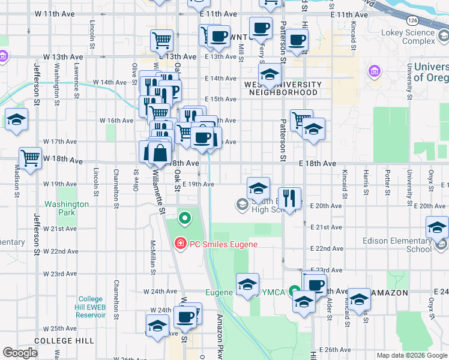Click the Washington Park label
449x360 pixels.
click(67, 208)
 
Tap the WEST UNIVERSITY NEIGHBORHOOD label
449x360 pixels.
click(283, 89)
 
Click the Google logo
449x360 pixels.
click(20, 353)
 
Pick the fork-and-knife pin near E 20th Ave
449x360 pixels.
click(290, 197)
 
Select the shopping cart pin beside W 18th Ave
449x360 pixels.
click(30, 158)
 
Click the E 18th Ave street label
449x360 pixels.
click(318, 163)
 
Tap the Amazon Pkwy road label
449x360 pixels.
click(220, 336)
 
